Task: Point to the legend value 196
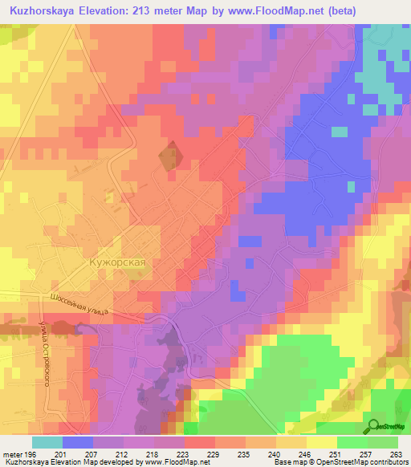point(31,453)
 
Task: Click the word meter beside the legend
point(12,453)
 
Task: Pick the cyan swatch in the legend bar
point(47,442)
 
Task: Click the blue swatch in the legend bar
point(77,442)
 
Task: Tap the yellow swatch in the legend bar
point(321,442)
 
